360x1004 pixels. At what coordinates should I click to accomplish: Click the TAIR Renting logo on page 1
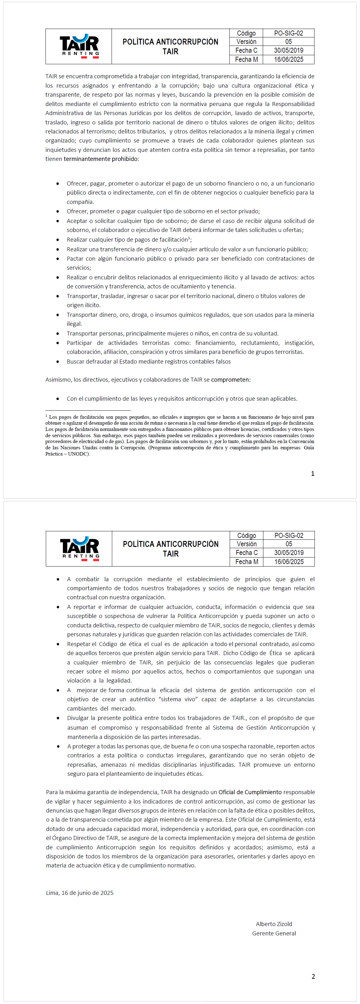[x=79, y=46]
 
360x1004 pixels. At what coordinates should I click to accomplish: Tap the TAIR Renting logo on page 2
[x=79, y=548]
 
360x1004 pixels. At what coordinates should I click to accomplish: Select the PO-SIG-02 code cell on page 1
[x=288, y=33]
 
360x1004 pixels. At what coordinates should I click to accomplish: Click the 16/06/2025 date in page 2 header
[x=289, y=562]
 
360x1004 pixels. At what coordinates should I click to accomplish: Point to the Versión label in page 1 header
[x=246, y=42]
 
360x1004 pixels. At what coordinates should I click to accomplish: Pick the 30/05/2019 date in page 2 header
[x=289, y=553]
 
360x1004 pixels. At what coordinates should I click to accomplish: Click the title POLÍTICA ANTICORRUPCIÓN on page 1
[x=170, y=42]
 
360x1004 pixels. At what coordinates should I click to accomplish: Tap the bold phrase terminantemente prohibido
[x=100, y=159]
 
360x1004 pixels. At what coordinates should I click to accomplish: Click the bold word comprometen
[x=231, y=380]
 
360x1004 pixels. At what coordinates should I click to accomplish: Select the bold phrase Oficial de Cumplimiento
[x=250, y=792]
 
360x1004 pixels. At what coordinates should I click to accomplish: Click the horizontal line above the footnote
[x=88, y=410]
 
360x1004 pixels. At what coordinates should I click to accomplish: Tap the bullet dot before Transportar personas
[x=58, y=334]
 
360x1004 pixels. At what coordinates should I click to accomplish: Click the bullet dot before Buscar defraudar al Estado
[x=58, y=362]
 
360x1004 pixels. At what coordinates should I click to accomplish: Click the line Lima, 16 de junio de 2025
[x=80, y=893]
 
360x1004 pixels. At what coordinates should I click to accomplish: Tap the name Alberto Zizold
[x=274, y=924]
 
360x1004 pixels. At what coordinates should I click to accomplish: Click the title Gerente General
[x=274, y=934]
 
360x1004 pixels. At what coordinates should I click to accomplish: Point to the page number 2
[x=313, y=976]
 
